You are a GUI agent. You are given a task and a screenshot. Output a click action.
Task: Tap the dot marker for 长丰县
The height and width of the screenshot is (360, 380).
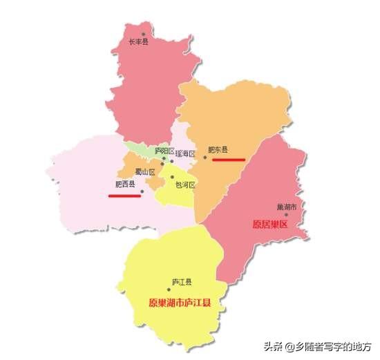pyautogui.click(x=144, y=33)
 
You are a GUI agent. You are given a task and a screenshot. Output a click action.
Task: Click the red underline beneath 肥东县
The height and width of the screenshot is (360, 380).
pyautogui.click(x=229, y=159)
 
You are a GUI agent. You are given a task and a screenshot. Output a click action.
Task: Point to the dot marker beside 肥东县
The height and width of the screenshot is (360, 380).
pyautogui.click(x=205, y=157)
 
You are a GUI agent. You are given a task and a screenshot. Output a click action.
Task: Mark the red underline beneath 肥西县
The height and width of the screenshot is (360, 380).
pyautogui.click(x=124, y=196)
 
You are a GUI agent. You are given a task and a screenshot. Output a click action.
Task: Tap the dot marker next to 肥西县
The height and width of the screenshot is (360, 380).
pyautogui.click(x=142, y=191)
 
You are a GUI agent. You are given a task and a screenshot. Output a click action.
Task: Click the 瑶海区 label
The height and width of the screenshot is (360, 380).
pyautogui.click(x=186, y=153)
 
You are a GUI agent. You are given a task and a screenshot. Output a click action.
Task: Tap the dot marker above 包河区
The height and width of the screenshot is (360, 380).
pyautogui.click(x=172, y=177)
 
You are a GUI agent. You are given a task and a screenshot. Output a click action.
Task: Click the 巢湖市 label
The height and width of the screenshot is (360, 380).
pyautogui.click(x=286, y=207)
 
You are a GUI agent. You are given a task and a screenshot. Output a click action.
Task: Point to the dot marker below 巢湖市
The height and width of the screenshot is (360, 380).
pyautogui.click(x=286, y=215)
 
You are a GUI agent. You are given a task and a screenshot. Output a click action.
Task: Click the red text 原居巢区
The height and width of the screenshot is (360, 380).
pyautogui.click(x=269, y=225)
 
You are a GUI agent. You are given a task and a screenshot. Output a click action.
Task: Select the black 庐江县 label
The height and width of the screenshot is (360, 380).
pyautogui.click(x=182, y=281)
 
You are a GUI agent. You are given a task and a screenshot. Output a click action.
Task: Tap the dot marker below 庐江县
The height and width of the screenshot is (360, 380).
pyautogui.click(x=178, y=290)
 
